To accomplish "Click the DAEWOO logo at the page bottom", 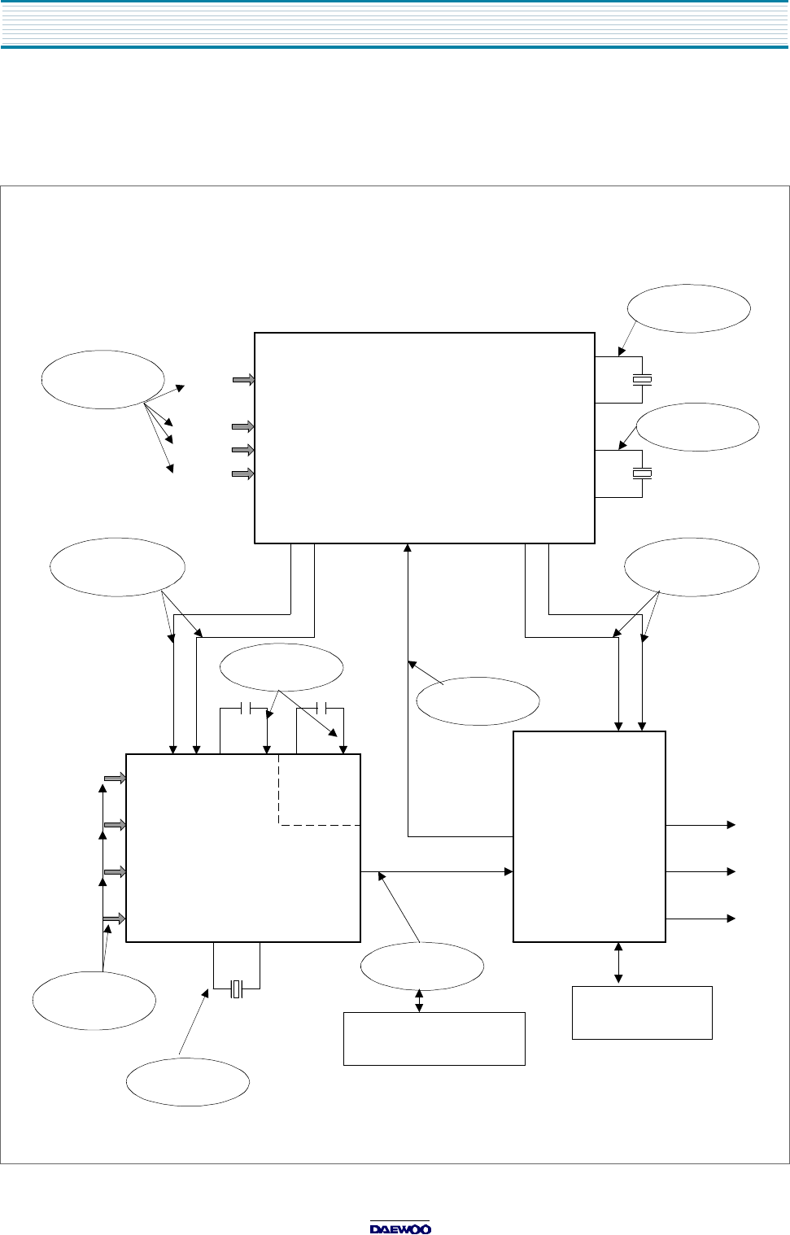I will [400, 1228].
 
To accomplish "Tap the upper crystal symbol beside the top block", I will [643, 380].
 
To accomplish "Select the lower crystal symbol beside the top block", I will [643, 473].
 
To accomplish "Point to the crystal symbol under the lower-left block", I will [237, 988].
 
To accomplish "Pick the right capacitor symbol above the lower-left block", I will [320, 708].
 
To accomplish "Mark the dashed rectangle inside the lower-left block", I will [319, 789].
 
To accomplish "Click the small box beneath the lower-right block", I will [642, 1012].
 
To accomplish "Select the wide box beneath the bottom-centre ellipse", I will [434, 1038].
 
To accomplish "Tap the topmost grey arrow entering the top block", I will [243, 379].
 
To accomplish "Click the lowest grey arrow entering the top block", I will [243, 473].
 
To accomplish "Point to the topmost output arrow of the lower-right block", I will [701, 825].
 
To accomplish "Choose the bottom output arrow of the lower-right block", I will [701, 919].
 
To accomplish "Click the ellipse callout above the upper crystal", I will [688, 308].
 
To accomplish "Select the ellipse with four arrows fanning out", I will [103, 379].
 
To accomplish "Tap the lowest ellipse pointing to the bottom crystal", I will [187, 1082].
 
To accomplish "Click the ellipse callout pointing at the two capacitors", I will [282, 668].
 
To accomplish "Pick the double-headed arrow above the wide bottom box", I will [419, 1001].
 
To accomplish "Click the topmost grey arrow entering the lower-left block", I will [115, 779].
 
